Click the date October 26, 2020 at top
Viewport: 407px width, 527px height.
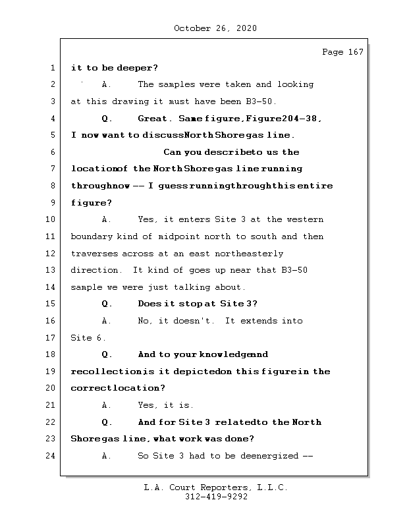(x=215, y=28)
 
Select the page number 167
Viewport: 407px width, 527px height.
(x=354, y=52)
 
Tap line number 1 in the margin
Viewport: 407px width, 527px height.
(x=52, y=68)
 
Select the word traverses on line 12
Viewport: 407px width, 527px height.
(x=94, y=254)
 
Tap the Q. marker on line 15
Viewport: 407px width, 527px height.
(x=107, y=304)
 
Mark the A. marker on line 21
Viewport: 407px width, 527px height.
(x=107, y=405)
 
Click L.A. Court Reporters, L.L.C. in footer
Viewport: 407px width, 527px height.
(x=215, y=488)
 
